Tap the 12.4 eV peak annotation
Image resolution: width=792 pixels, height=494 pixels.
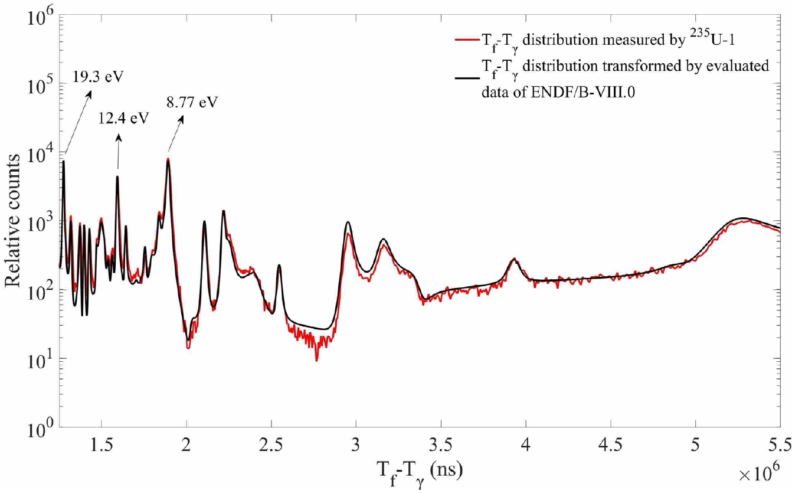(x=123, y=117)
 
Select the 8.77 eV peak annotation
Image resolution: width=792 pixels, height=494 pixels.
(x=192, y=102)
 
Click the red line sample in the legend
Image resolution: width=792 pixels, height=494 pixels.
(x=464, y=41)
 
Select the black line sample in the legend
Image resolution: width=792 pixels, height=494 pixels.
(x=464, y=74)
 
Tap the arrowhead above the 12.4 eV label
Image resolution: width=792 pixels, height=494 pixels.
(x=119, y=138)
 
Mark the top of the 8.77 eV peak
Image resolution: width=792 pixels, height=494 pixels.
(x=168, y=159)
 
